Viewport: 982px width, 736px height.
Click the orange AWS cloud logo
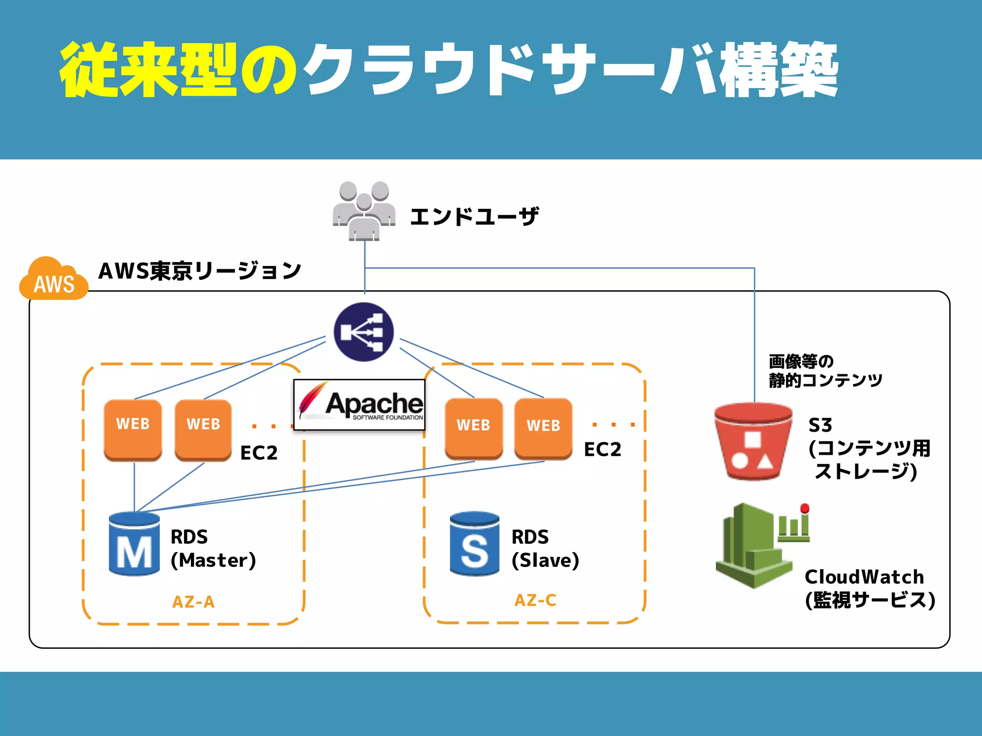click(x=54, y=280)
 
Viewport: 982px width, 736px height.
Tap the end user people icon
click(x=364, y=211)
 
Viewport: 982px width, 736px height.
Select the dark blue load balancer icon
click(x=363, y=332)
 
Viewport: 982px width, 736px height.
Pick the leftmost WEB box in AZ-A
click(x=133, y=429)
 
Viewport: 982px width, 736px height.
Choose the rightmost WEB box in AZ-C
click(x=543, y=429)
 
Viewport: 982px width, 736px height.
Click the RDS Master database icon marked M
click(x=134, y=544)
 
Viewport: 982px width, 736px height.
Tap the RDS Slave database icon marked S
click(x=474, y=544)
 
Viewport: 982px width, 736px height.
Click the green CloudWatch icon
click(x=755, y=546)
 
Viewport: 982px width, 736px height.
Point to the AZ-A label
click(x=193, y=602)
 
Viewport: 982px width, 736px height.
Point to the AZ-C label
click(x=535, y=600)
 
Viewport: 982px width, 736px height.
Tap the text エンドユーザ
click(x=474, y=217)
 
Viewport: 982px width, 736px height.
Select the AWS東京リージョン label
click(x=199, y=271)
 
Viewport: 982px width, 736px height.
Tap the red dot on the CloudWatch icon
click(x=805, y=508)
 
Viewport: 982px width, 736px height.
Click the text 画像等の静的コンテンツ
click(x=825, y=371)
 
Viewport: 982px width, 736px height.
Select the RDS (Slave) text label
click(x=545, y=549)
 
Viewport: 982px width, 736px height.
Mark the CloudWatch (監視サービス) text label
click(x=869, y=588)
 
